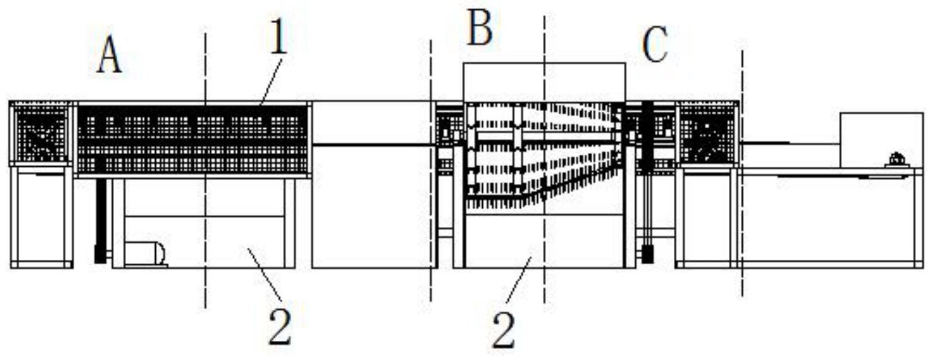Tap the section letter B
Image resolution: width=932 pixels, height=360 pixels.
479,29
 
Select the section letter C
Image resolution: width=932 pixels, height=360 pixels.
655,45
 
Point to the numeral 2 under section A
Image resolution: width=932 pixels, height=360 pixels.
280,326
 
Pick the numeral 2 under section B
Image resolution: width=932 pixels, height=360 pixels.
504,330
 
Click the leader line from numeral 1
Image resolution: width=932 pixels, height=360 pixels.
272,80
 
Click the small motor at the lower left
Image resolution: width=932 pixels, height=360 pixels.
145,254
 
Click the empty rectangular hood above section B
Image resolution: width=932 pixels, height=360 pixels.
544,82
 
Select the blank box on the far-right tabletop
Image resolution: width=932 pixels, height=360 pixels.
881,140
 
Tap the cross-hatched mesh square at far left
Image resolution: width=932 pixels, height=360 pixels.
41,133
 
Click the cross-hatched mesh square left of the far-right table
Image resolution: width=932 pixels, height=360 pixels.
707,133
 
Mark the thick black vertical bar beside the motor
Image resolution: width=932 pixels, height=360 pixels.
100,220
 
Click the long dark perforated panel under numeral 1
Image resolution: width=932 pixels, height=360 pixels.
193,139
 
